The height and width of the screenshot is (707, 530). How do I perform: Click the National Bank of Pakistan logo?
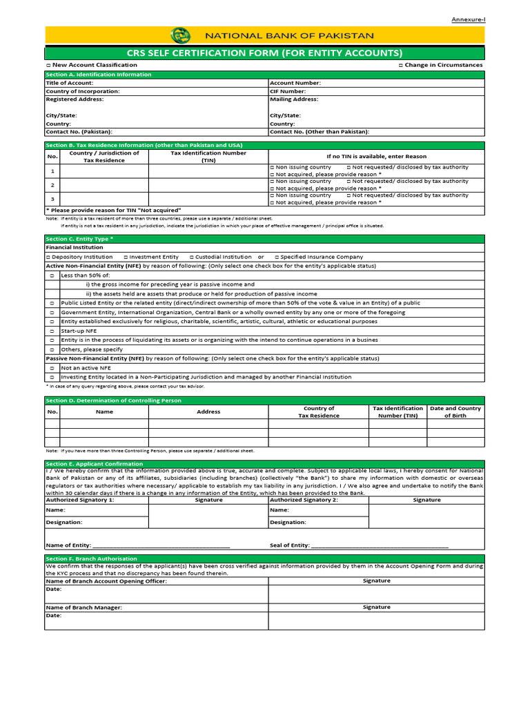(180, 35)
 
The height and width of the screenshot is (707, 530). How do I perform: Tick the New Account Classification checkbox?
(48, 65)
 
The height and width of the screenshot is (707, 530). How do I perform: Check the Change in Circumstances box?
(400, 65)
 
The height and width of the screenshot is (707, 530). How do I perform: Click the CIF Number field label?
(288, 91)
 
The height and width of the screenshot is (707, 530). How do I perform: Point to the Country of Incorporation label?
(82, 91)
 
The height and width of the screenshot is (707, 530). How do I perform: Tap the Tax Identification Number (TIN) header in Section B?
(208, 157)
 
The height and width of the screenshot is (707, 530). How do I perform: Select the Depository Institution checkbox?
(48, 257)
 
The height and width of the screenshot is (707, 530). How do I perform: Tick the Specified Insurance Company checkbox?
(277, 257)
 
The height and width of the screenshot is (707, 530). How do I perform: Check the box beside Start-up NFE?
(52, 331)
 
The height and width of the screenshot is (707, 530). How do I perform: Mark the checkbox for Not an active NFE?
(52, 368)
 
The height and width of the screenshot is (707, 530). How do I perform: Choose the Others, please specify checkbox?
(52, 349)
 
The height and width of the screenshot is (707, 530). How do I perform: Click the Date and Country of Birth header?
(455, 412)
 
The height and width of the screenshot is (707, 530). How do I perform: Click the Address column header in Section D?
(208, 412)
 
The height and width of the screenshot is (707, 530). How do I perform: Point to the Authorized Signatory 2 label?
(304, 500)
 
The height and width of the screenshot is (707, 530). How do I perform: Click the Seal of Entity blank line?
(380, 545)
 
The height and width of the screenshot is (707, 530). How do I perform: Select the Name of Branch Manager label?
(84, 608)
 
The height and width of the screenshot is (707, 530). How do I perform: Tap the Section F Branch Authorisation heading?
(91, 559)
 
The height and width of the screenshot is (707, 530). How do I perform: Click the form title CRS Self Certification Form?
(264, 53)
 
